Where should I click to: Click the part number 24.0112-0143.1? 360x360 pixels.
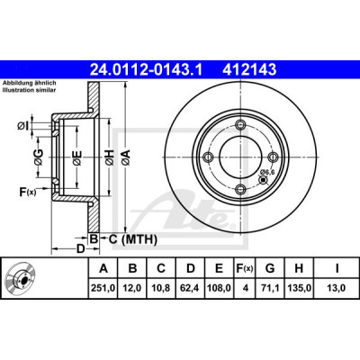[x=147, y=70]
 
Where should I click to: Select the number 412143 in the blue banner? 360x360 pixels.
[x=249, y=70]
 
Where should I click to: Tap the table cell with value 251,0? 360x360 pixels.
[x=103, y=288]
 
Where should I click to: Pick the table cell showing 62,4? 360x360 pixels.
[x=191, y=288]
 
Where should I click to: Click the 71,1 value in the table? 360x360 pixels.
[x=270, y=288]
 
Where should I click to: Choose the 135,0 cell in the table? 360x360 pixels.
[x=299, y=288]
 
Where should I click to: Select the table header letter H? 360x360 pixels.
[x=299, y=268]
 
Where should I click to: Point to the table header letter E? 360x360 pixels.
[x=219, y=268]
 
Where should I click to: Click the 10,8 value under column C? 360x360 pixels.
[x=161, y=288]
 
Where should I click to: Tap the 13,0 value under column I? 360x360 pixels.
[x=337, y=288]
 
